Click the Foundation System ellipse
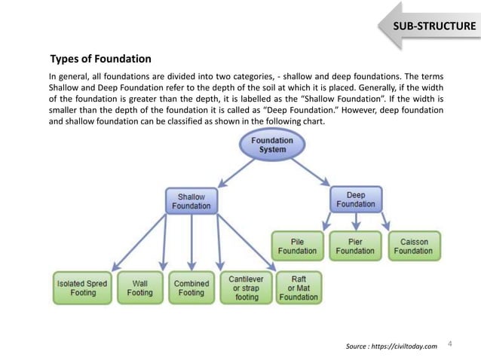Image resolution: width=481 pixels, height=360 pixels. [x=272, y=145]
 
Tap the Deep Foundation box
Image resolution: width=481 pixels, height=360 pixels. [x=355, y=200]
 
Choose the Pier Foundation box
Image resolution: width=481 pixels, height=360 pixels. [x=355, y=246]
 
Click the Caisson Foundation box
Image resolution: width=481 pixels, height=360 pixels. [x=414, y=246]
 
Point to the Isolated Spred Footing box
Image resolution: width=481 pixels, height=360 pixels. [x=82, y=288]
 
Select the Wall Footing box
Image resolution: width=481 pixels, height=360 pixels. [x=139, y=288]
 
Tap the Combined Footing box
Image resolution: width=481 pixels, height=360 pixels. [x=191, y=288]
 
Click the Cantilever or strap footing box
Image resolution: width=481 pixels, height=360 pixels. [x=246, y=288]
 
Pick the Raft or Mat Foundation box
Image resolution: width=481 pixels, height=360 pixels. [x=299, y=288]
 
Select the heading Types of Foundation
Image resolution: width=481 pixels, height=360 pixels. [x=100, y=59]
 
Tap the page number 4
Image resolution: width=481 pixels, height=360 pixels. [x=449, y=344]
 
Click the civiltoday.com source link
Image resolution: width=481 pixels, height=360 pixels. [x=391, y=346]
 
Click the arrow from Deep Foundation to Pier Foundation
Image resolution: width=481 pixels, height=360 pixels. [x=355, y=221]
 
